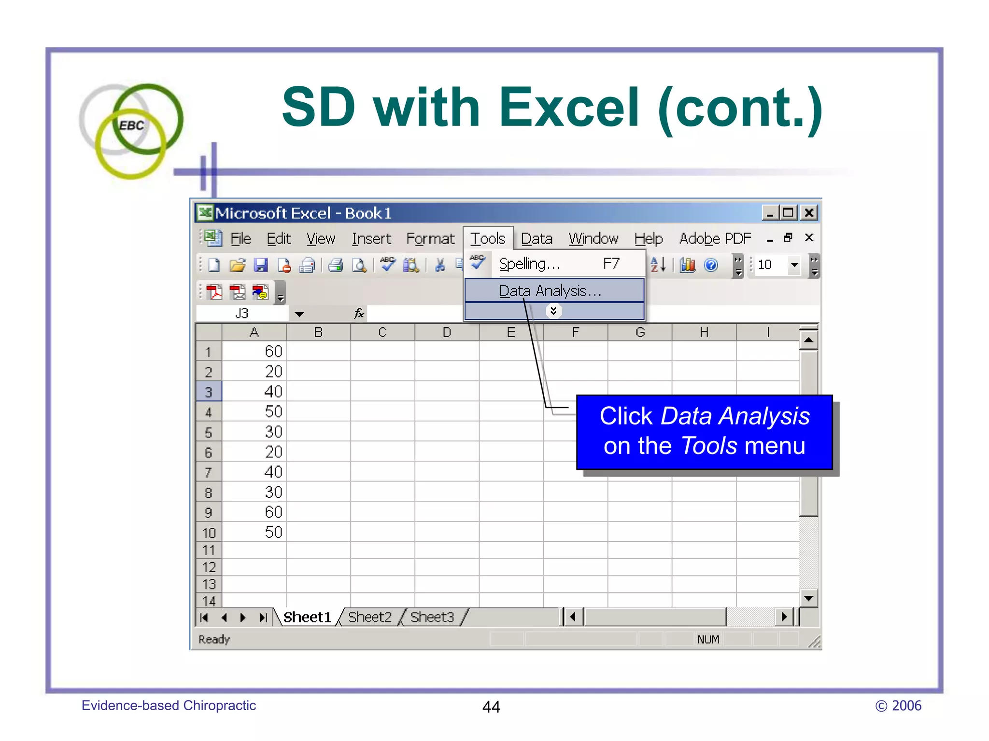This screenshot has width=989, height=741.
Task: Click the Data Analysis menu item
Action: [550, 291]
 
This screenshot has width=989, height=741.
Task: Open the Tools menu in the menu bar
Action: [488, 238]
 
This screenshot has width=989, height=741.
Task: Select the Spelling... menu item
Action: [529, 264]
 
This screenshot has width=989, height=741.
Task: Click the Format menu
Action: [430, 238]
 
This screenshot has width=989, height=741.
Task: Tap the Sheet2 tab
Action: [369, 617]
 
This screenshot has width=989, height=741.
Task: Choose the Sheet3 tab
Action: [432, 617]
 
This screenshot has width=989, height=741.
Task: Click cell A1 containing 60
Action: [254, 351]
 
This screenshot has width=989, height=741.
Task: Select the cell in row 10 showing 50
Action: [254, 532]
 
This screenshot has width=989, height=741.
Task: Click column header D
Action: [447, 332]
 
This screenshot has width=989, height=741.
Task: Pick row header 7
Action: [209, 472]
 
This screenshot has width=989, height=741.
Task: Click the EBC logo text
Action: [131, 126]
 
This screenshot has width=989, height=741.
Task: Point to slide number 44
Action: [491, 707]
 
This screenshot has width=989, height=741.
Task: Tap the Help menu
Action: [648, 238]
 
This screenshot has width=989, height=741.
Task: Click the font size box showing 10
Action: [771, 264]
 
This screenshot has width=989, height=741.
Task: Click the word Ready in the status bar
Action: [214, 639]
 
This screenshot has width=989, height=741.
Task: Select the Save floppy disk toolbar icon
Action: [261, 265]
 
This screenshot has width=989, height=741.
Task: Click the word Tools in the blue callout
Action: [709, 446]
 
